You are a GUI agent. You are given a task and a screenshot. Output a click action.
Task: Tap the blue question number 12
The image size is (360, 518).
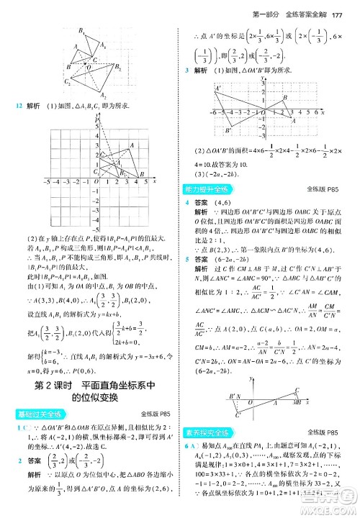coord(20,106)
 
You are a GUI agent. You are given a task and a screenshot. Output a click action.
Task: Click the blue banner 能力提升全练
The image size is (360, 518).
coord(208,189)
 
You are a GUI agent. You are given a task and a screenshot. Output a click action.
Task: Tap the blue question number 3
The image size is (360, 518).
coord(186,70)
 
